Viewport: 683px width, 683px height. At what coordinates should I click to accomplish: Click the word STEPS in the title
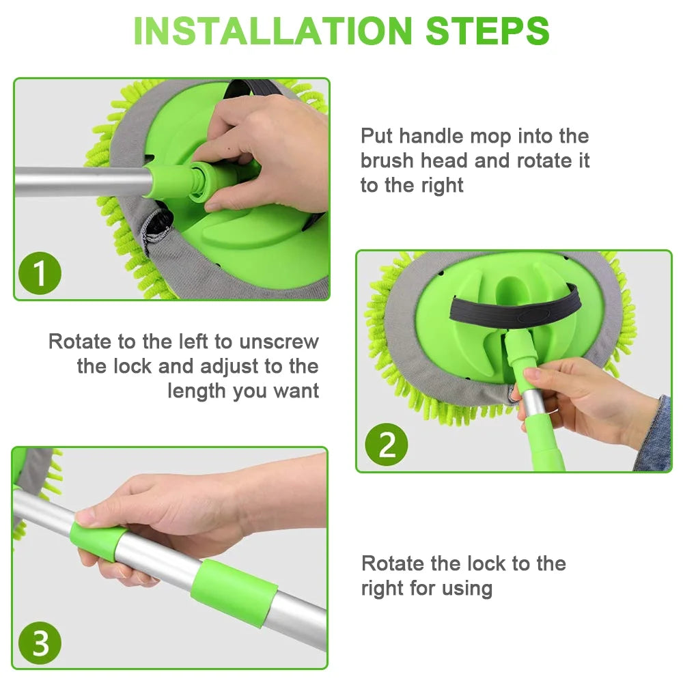pos(488,31)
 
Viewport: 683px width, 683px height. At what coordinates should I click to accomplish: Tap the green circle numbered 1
pos(40,273)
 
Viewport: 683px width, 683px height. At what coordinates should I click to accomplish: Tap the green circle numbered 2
pos(387,445)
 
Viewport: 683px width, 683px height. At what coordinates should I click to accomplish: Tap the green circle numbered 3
pos(40,643)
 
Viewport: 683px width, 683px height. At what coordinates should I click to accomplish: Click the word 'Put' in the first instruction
pos(376,136)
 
